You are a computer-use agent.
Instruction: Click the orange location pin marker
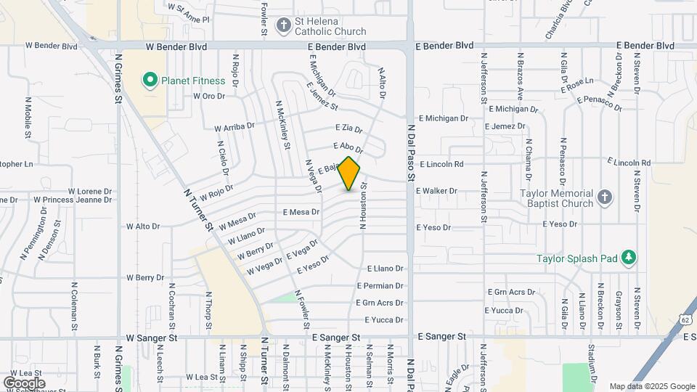pyautogui.click(x=349, y=173)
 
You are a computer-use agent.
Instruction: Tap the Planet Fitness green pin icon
pyautogui.click(x=150, y=79)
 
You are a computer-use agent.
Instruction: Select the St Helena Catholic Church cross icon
pyautogui.click(x=284, y=25)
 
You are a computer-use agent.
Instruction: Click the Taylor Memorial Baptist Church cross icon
pyautogui.click(x=604, y=197)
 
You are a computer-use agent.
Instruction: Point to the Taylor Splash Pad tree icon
pyautogui.click(x=629, y=257)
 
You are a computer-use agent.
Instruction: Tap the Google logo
pyautogui.click(x=24, y=383)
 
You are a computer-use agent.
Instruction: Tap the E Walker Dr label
pyautogui.click(x=436, y=191)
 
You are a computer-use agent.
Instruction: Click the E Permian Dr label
pyautogui.click(x=379, y=286)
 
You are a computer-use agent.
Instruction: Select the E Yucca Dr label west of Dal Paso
pyautogui.click(x=383, y=320)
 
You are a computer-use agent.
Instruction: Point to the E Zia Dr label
pyautogui.click(x=347, y=129)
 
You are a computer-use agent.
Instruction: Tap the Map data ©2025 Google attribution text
pyautogui.click(x=651, y=386)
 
